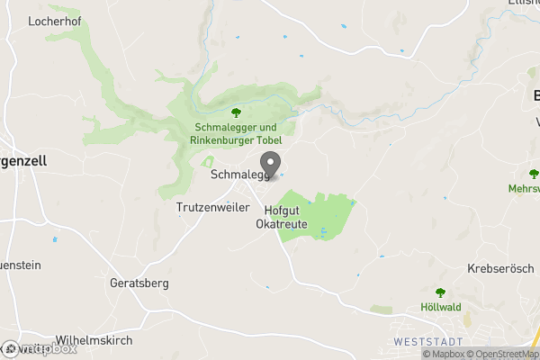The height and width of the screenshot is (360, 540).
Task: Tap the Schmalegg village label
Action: click(239, 175)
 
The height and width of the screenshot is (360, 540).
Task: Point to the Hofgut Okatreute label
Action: click(282, 217)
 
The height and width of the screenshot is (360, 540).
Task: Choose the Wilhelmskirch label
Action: click(94, 341)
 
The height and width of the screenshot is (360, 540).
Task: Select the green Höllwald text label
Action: click(440, 307)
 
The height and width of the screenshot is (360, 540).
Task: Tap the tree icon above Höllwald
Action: click(440, 292)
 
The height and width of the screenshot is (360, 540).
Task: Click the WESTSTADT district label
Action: click(427, 342)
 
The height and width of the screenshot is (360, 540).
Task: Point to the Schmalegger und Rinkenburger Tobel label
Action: click(238, 134)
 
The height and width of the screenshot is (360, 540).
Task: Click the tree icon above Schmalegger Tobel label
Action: click(237, 112)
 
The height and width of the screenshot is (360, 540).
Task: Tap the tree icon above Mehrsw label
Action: click(533, 174)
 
